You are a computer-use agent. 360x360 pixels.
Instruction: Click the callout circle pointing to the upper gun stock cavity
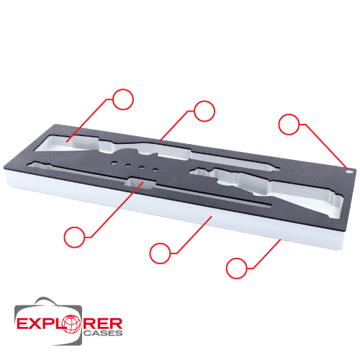(122, 99)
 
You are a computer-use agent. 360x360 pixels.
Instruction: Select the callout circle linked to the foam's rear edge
(204, 111)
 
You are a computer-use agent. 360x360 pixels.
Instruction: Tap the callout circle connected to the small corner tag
(289, 124)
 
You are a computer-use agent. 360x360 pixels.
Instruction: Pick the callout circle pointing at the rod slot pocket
(74, 237)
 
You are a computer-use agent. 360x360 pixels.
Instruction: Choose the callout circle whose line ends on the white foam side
(160, 253)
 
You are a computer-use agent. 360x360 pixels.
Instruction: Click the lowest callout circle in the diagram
(237, 269)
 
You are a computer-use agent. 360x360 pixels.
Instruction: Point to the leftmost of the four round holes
(114, 163)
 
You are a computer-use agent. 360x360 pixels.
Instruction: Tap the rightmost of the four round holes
(156, 170)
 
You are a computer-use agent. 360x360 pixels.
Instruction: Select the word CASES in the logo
(103, 333)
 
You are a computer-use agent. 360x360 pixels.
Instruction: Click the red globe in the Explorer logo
(71, 324)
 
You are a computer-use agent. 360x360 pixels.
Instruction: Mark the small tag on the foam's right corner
(348, 171)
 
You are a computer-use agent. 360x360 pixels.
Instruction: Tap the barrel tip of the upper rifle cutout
(276, 168)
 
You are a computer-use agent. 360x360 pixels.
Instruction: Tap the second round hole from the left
(128, 165)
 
